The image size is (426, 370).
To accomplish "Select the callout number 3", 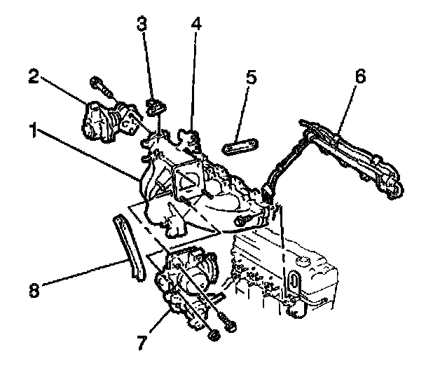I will point(142,24).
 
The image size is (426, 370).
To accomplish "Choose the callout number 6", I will point(359,76).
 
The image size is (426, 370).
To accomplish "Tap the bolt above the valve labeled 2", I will point(102,88).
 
